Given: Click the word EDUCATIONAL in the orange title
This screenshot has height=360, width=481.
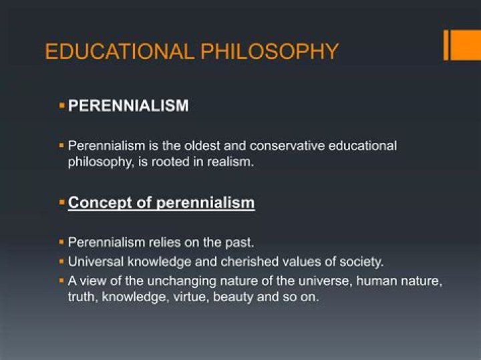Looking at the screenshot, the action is coord(120,51).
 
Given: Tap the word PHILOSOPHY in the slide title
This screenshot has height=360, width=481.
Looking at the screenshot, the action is coord(269,51).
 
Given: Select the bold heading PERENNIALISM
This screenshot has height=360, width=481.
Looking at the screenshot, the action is coord(128,106).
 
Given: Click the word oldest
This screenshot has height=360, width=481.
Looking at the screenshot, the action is coord(202,146).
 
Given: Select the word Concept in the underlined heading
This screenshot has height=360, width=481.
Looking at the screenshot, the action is coord(100,203).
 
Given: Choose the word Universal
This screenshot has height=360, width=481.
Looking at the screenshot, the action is coord(96,262).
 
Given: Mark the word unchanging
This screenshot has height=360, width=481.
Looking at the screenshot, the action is coord(182,281).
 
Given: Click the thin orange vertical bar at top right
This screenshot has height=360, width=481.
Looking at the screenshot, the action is coord(446,45).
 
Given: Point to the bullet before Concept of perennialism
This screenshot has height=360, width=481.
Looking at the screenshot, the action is coord(61,202).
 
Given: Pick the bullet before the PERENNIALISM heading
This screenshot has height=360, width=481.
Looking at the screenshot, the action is coord(61,106).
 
